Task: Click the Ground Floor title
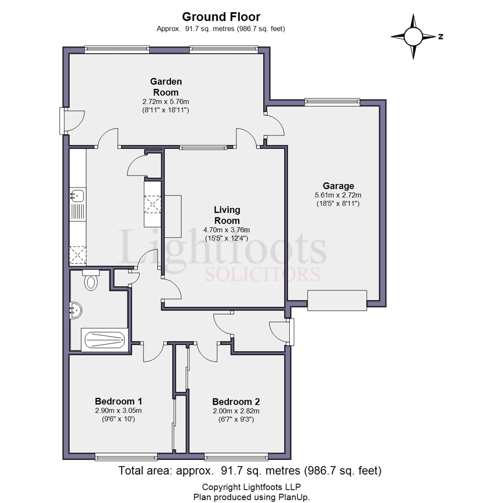click(221, 17)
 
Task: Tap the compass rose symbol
click(414, 37)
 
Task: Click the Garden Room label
click(166, 87)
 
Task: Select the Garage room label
click(339, 186)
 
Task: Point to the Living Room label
click(227, 215)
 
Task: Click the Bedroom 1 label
click(118, 401)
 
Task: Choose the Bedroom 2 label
click(236, 401)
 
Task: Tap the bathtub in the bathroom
click(104, 340)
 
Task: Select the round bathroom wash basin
click(76, 310)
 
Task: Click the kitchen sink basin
click(78, 195)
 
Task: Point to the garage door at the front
click(337, 300)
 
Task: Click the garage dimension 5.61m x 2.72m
click(338, 195)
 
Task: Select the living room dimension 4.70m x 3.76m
click(227, 230)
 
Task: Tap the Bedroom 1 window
click(126, 457)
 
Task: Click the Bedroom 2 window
click(237, 457)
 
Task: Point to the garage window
click(332, 102)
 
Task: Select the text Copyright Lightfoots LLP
click(251, 487)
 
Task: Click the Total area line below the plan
click(250, 470)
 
